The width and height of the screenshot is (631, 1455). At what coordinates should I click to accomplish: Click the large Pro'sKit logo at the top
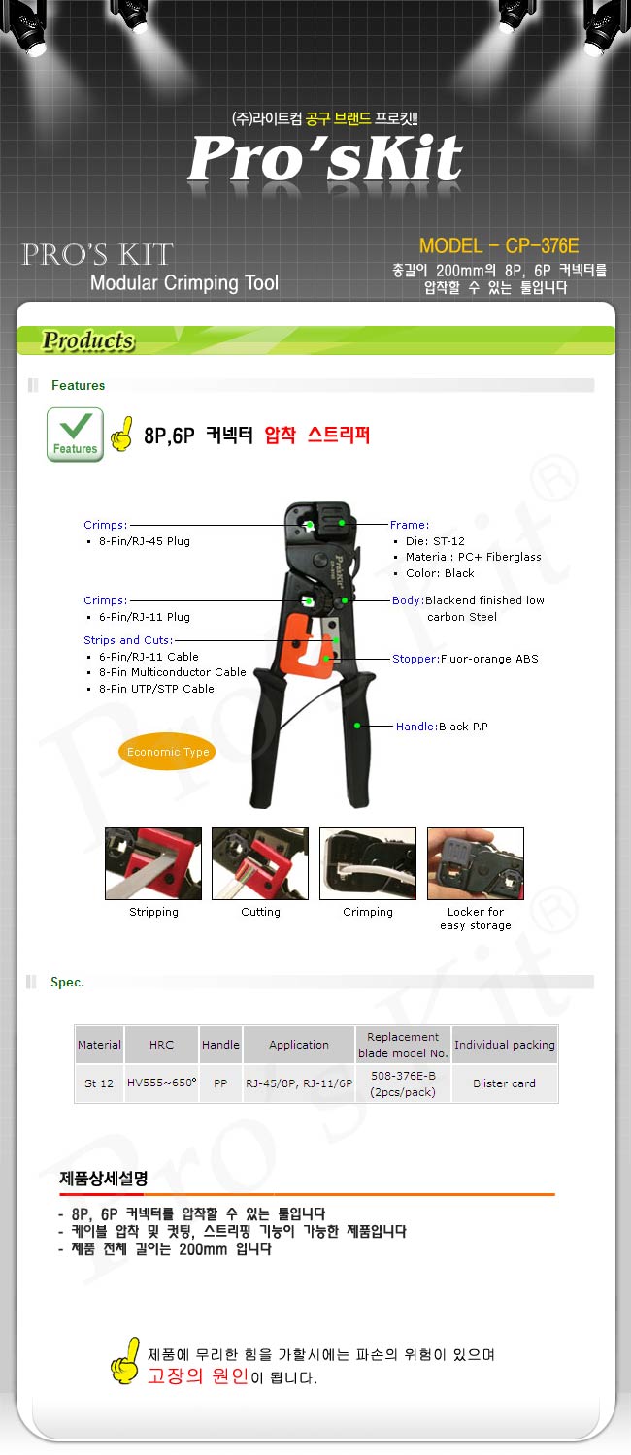[325, 158]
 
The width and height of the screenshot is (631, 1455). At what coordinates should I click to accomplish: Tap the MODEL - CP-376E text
[498, 246]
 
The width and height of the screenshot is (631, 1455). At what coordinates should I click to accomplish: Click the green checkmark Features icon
[75, 435]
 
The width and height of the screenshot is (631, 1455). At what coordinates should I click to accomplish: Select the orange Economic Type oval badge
[168, 752]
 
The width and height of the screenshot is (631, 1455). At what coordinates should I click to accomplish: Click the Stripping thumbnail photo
[153, 863]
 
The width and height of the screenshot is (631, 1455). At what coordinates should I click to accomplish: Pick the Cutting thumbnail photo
[260, 863]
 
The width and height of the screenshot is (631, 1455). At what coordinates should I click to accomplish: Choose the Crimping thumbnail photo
[368, 863]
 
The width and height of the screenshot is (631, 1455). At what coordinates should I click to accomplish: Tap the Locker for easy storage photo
[476, 863]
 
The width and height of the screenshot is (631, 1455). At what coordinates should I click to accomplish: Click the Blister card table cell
[504, 1083]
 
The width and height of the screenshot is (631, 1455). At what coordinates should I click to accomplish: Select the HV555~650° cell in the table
[162, 1083]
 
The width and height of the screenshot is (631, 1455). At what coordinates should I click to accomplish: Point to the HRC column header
[162, 1045]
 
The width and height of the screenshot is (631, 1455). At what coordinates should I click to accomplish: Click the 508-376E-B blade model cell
[403, 1083]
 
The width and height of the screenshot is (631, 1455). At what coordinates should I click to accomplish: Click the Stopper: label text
[415, 659]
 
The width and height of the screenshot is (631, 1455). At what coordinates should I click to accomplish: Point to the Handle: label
[416, 727]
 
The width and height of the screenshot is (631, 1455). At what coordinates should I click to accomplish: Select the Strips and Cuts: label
[128, 640]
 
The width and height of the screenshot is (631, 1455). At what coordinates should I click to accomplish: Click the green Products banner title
[88, 340]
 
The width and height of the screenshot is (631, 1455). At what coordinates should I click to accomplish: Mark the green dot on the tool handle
[357, 725]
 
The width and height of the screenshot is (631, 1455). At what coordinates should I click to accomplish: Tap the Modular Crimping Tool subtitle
[184, 283]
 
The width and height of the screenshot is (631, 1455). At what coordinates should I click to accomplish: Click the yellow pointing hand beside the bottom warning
[125, 1361]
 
